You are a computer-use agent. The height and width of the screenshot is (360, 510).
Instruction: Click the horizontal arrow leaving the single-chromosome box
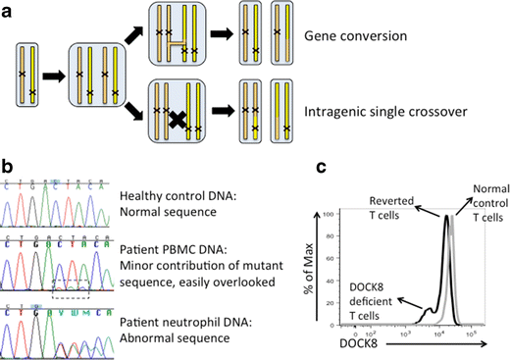pyautogui.click(x=54, y=74)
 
